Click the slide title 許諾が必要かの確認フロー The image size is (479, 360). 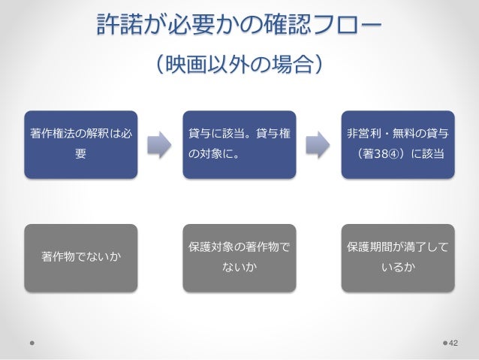click(x=239, y=26)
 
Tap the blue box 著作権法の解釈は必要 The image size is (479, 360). click(x=80, y=144)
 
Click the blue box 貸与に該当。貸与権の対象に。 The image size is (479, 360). click(x=239, y=144)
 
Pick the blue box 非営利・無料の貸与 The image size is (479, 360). click(x=398, y=144)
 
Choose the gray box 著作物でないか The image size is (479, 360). click(x=80, y=258)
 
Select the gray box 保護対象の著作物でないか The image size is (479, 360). click(x=239, y=258)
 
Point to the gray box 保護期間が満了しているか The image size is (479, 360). click(x=398, y=258)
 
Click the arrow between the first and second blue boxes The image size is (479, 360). click(x=160, y=144)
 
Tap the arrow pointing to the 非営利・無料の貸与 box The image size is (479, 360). click(x=318, y=144)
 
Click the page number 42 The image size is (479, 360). click(x=453, y=343)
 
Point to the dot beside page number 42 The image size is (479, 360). click(x=444, y=343)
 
